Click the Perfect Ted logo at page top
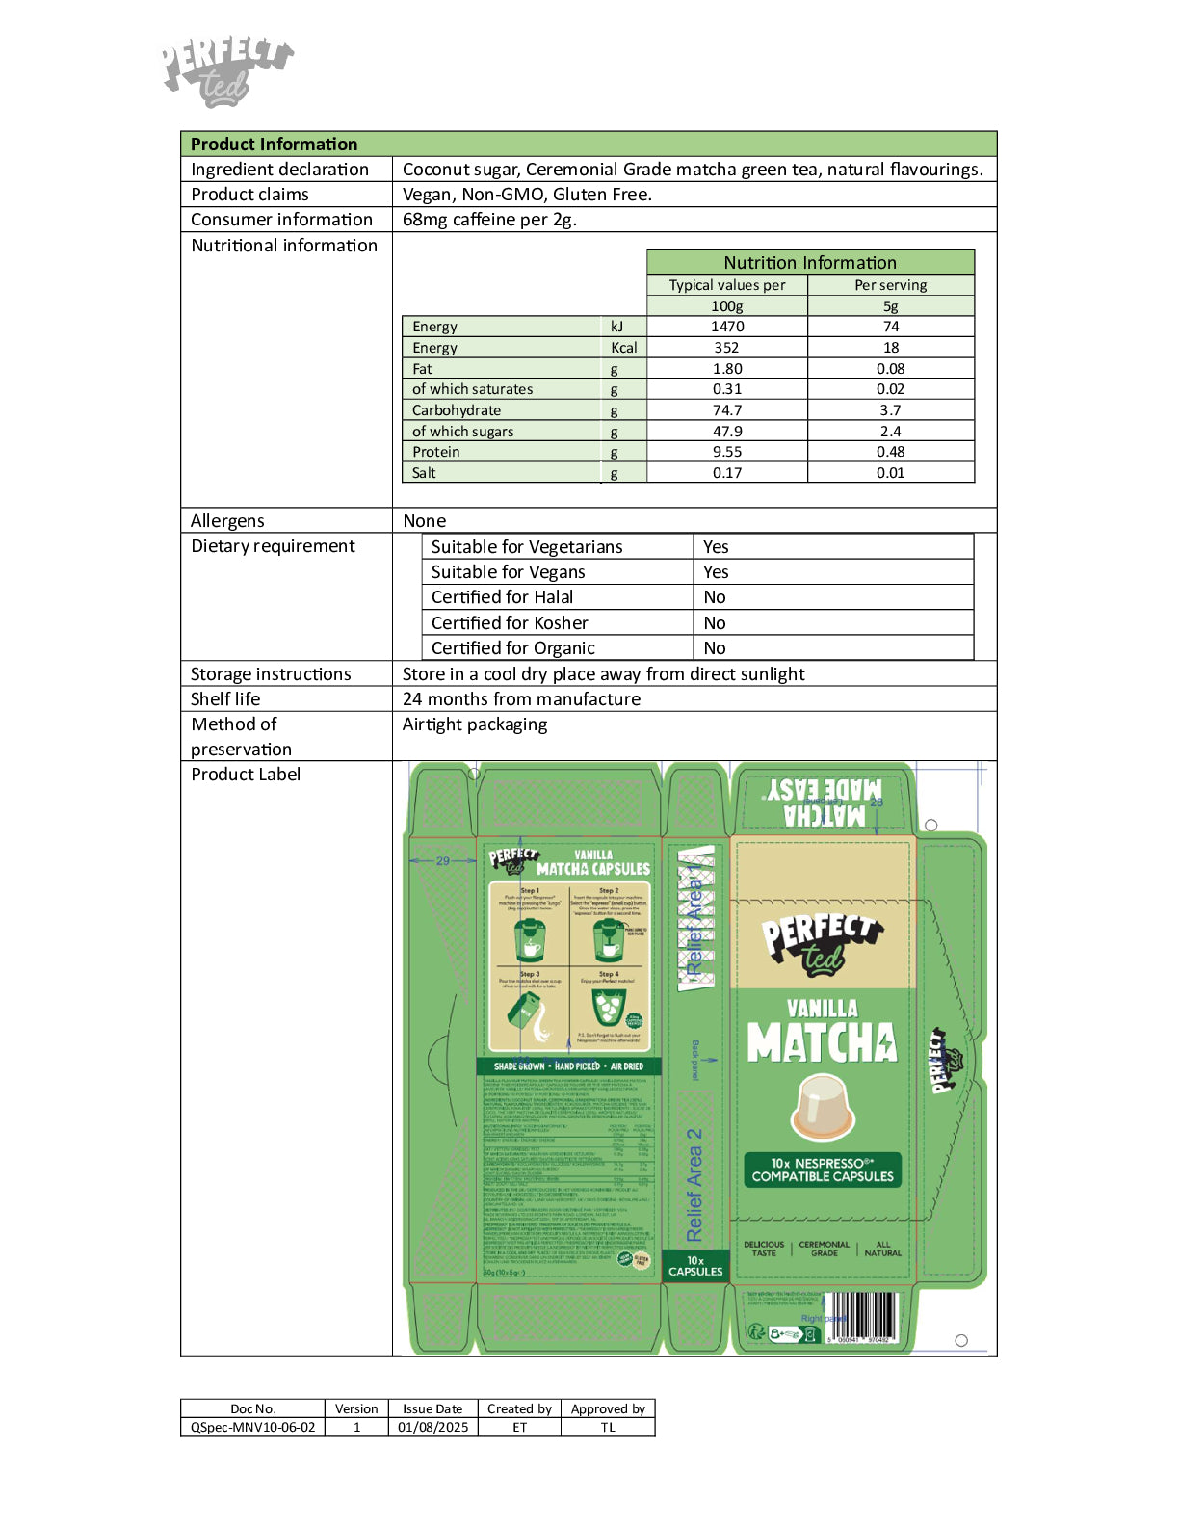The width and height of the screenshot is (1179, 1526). [226, 70]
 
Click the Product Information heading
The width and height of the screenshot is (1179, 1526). [274, 145]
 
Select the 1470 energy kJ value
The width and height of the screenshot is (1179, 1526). [727, 327]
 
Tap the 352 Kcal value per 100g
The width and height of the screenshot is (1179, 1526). [727, 348]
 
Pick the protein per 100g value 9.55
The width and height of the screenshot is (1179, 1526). [727, 452]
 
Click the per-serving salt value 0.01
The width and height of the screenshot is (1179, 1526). [890, 473]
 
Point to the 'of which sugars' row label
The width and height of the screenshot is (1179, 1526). [463, 432]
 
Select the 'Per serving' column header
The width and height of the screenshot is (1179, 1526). [890, 285]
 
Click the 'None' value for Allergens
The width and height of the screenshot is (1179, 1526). [425, 521]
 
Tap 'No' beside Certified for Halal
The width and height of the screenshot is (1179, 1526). [715, 597]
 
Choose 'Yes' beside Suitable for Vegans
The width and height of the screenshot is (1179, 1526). [716, 572]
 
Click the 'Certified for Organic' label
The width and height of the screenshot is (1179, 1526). [513, 648]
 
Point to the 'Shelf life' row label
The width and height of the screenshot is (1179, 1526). [225, 699]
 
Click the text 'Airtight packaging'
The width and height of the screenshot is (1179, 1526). [475, 724]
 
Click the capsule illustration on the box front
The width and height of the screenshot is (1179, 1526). [823, 1106]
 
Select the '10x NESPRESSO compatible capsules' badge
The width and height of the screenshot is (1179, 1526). [823, 1170]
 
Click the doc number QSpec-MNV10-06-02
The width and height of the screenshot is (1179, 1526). [252, 1427]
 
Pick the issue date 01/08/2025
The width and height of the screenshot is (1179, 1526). [432, 1427]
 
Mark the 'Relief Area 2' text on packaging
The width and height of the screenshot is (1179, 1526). [694, 1185]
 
